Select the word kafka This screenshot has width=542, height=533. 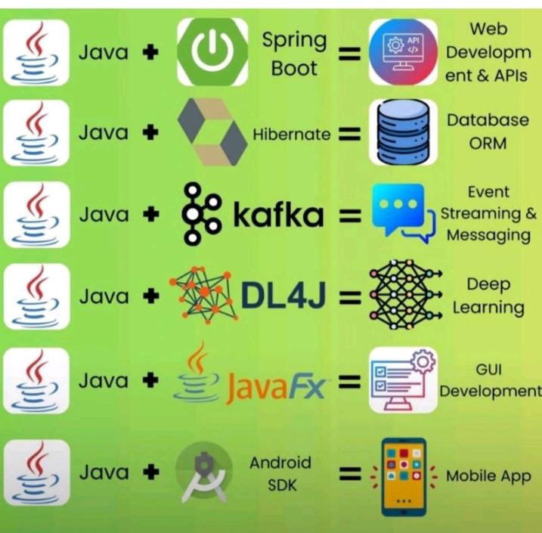[278, 215]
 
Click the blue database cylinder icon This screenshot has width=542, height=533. [402, 133]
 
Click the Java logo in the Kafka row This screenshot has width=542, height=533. [36, 215]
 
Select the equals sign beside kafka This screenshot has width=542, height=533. [348, 216]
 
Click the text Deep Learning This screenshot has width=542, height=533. [488, 296]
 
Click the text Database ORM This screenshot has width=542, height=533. [488, 132]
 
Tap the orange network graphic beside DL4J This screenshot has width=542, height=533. [203, 295]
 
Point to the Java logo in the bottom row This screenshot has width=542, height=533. [36, 473]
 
